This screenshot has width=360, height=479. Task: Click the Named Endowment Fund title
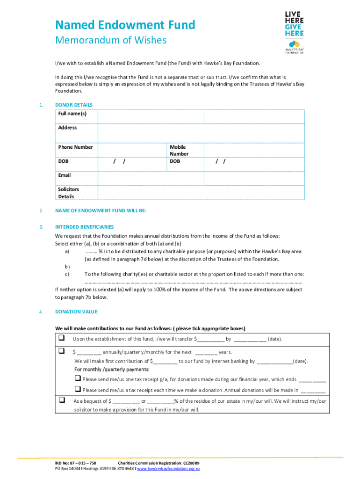pyautogui.click(x=125, y=25)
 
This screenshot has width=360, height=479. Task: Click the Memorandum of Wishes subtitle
pyautogui.click(x=110, y=41)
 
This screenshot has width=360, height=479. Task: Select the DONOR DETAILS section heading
pyautogui.click(x=73, y=105)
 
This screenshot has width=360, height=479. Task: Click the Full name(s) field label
pyautogui.click(x=72, y=114)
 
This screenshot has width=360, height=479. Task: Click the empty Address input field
pyautogui.click(x=201, y=131)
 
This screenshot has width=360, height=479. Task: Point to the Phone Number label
pyautogui.click(x=75, y=147)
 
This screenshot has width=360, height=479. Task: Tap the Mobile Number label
pyautogui.click(x=179, y=150)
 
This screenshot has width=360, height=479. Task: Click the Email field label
pyautogui.click(x=65, y=175)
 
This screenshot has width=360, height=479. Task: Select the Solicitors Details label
pyautogui.click(x=68, y=193)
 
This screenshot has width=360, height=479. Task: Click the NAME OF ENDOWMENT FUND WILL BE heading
pyautogui.click(x=101, y=210)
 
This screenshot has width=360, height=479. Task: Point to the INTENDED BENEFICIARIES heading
pyautogui.click(x=84, y=227)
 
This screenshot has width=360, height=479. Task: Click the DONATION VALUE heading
pyautogui.click(x=76, y=312)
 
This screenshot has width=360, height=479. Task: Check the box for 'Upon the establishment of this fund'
pyautogui.click(x=61, y=338)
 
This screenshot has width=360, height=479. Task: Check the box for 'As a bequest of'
pyautogui.click(x=61, y=400)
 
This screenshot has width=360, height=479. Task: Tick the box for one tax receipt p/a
pyautogui.click(x=78, y=378)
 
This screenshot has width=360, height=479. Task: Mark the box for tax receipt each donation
pyautogui.click(x=78, y=389)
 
